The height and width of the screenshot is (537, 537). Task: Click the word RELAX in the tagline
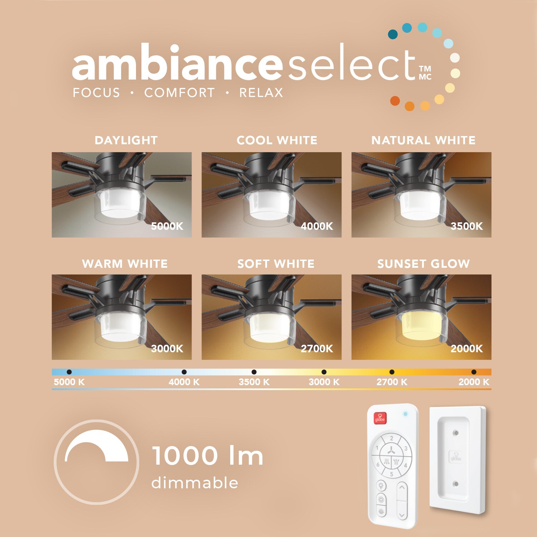pyautogui.click(x=261, y=93)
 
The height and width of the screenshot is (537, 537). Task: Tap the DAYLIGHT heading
pyautogui.click(x=126, y=140)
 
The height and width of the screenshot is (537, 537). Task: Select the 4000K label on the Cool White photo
pyautogui.click(x=317, y=226)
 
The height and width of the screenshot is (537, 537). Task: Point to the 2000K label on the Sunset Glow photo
pyautogui.click(x=466, y=348)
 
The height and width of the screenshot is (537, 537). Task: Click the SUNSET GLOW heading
pyautogui.click(x=424, y=264)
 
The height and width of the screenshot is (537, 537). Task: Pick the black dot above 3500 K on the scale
pyautogui.click(x=254, y=372)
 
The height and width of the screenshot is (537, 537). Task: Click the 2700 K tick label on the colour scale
pyautogui.click(x=392, y=382)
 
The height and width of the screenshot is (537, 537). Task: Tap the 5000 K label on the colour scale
pyautogui.click(x=69, y=382)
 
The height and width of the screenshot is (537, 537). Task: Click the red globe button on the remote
pyautogui.click(x=380, y=417)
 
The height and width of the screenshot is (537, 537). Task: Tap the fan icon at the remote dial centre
pyautogui.click(x=391, y=450)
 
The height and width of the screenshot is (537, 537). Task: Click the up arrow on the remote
pyautogui.click(x=402, y=487)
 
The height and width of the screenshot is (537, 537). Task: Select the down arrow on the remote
pyautogui.click(x=402, y=515)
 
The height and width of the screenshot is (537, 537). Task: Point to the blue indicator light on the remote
pyautogui.click(x=405, y=414)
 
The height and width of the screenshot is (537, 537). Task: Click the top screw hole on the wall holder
pyautogui.click(x=456, y=433)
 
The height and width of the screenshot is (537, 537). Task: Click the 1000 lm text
pyautogui.click(x=208, y=456)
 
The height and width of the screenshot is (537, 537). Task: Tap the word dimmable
pyautogui.click(x=195, y=483)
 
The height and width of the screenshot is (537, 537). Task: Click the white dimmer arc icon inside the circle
pyautogui.click(x=96, y=444)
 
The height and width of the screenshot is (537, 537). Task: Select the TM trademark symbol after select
pyautogui.click(x=425, y=68)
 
